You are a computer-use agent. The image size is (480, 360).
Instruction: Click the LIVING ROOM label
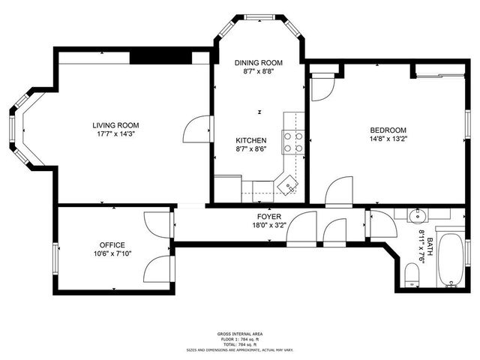click(x=115, y=125)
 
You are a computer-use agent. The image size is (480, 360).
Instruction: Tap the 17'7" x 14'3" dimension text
click(x=115, y=135)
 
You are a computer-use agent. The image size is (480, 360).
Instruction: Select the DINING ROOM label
click(x=258, y=62)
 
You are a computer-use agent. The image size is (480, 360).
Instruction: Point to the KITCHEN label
click(x=250, y=140)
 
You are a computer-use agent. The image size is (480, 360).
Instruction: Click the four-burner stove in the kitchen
click(x=292, y=142)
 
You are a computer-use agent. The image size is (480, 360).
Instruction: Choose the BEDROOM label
click(x=387, y=129)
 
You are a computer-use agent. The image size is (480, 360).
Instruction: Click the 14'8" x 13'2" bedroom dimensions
click(x=387, y=139)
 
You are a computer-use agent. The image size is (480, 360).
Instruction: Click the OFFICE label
click(x=112, y=244)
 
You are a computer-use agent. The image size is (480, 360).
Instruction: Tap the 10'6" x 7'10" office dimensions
click(x=112, y=254)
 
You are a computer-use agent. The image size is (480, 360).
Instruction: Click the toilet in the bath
click(x=412, y=274)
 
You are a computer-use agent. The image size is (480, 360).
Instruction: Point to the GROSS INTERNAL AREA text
click(x=240, y=334)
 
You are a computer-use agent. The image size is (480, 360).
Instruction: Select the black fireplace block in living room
click(x=160, y=58)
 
